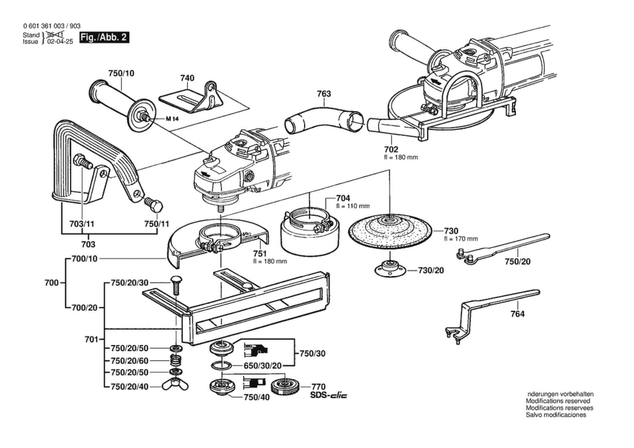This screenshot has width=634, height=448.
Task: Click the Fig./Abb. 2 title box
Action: click(x=104, y=38)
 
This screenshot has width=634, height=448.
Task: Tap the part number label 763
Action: click(x=324, y=94)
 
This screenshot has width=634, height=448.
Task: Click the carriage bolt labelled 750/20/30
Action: click(x=176, y=285)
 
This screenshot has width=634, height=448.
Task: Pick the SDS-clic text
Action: click(x=329, y=396)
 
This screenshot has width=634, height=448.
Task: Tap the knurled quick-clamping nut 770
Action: click(x=284, y=387)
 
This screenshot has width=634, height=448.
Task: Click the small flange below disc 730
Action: click(x=390, y=269)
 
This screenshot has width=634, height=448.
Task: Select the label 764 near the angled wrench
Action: click(x=517, y=314)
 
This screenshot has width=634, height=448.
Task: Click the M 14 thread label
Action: click(x=172, y=119)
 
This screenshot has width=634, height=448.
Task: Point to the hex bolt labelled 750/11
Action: click(x=153, y=204)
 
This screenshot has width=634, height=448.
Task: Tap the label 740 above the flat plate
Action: click(x=187, y=78)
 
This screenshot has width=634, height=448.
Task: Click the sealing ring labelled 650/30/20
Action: click(x=221, y=365)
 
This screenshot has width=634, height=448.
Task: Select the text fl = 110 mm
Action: click(x=353, y=206)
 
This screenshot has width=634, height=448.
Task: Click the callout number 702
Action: click(x=391, y=149)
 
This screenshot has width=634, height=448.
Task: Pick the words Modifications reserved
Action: click(x=558, y=401)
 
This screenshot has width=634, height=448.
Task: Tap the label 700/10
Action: click(x=84, y=259)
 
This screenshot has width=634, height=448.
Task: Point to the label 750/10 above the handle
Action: click(x=121, y=73)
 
